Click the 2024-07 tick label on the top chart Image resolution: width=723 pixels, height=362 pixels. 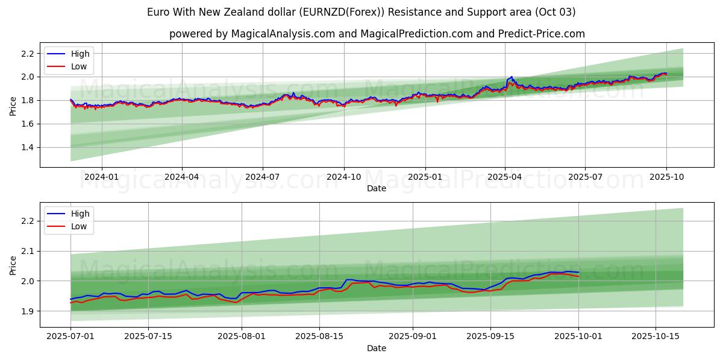click(262, 177)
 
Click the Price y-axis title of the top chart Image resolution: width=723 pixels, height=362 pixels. click(13, 105)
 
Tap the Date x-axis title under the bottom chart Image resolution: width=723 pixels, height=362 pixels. click(377, 348)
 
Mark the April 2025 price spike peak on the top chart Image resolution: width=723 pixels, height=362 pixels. click(512, 77)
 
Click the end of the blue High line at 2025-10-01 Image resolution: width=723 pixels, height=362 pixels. click(578, 273)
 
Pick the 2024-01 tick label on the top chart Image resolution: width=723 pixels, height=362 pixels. click(101, 177)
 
